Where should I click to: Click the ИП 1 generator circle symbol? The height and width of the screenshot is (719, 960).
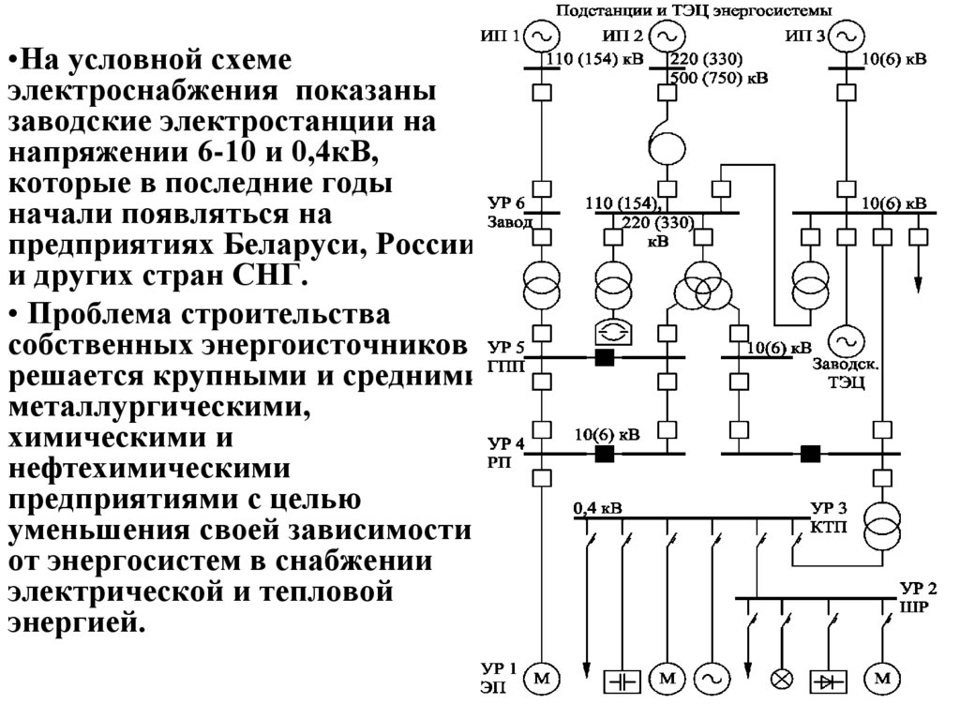click(541, 37)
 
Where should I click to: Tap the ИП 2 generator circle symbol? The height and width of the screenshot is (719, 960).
click(667, 37)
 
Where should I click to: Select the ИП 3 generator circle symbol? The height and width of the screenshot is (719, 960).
click(847, 37)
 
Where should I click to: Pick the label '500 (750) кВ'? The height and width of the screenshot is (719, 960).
click(718, 79)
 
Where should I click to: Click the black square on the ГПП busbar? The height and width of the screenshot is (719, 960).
click(605, 357)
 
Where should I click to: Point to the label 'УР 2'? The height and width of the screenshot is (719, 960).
click(919, 589)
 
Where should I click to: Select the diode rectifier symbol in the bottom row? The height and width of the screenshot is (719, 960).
click(829, 678)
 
